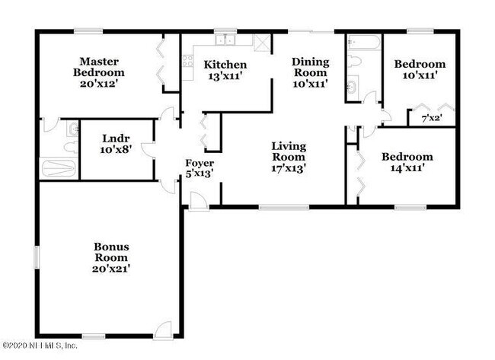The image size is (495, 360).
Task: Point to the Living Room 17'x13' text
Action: click(289, 156)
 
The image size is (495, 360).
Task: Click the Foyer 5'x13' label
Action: click(200, 167)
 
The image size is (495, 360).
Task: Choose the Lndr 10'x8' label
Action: click(117, 145)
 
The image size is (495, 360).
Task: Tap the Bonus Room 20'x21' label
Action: click(111, 257)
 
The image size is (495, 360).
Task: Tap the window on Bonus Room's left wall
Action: click(36, 256)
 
